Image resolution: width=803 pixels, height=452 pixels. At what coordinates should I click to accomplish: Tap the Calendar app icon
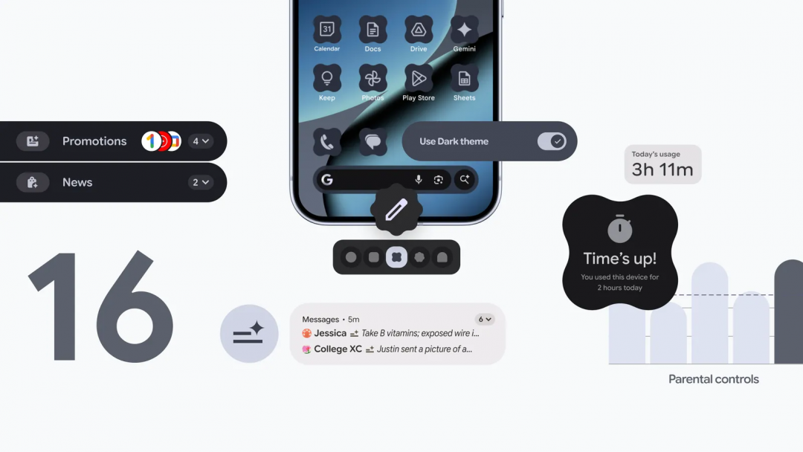pyautogui.click(x=327, y=30)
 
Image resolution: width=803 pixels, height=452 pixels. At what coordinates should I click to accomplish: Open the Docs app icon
pyautogui.click(x=373, y=30)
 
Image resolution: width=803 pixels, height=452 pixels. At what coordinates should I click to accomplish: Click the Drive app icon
pyautogui.click(x=419, y=30)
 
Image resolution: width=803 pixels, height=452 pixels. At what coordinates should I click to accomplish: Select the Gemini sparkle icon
pyautogui.click(x=464, y=30)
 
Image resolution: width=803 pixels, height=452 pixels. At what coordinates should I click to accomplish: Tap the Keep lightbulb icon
pyautogui.click(x=327, y=78)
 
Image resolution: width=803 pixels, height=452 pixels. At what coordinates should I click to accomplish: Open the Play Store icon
pyautogui.click(x=419, y=78)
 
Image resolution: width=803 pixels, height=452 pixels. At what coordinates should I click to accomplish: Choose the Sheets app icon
pyautogui.click(x=464, y=78)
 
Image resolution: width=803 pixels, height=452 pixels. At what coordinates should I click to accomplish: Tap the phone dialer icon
pyautogui.click(x=327, y=141)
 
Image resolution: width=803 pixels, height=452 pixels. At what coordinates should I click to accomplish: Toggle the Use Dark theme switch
pyautogui.click(x=552, y=141)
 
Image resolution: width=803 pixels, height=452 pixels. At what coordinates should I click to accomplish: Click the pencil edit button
pyautogui.click(x=396, y=210)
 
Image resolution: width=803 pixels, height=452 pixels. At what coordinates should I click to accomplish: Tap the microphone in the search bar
pyautogui.click(x=419, y=180)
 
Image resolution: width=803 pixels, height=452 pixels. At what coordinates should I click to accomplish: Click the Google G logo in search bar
pyautogui.click(x=327, y=180)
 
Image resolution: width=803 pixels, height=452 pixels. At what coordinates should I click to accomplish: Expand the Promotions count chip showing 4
pyautogui.click(x=201, y=141)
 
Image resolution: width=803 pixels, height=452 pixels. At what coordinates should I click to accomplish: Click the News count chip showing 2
pyautogui.click(x=201, y=182)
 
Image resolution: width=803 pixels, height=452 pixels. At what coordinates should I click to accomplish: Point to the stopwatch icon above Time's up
pyautogui.click(x=619, y=230)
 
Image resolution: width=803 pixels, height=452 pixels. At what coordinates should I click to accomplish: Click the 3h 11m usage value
pyautogui.click(x=662, y=169)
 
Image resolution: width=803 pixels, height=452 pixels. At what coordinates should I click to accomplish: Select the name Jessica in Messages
pyautogui.click(x=330, y=334)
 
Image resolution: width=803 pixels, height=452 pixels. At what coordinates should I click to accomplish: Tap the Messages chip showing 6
pyautogui.click(x=485, y=320)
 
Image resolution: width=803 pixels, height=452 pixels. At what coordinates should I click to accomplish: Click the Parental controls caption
pyautogui.click(x=714, y=379)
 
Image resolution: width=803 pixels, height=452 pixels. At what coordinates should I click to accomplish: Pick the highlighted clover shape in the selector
pyautogui.click(x=396, y=257)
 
